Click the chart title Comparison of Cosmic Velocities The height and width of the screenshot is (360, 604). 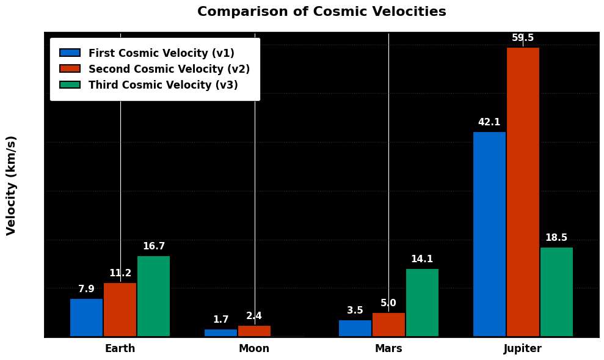click(x=321, y=12)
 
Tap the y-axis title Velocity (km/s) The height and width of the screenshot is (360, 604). click(x=12, y=185)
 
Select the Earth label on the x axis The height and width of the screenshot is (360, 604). click(x=120, y=349)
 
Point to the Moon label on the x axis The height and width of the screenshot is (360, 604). click(x=254, y=349)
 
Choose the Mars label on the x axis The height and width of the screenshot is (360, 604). click(x=388, y=349)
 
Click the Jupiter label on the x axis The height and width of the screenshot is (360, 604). click(x=522, y=349)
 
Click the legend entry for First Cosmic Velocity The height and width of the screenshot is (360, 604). click(x=161, y=53)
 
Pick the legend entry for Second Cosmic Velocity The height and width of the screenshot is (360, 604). click(x=169, y=69)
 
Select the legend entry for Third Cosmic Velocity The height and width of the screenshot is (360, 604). click(x=163, y=85)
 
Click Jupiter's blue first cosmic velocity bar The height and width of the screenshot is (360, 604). click(x=489, y=234)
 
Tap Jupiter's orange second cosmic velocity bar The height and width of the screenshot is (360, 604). click(x=523, y=192)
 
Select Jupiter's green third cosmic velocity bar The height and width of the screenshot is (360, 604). click(x=556, y=292)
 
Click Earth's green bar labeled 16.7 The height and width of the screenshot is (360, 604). click(x=153, y=296)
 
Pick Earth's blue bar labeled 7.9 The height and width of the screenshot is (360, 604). click(x=86, y=317)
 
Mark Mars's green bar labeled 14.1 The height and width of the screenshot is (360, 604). click(x=422, y=303)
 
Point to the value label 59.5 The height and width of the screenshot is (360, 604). click(x=523, y=38)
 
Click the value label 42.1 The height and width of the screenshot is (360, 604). click(x=489, y=122)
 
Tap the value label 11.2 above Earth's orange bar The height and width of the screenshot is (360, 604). click(x=120, y=273)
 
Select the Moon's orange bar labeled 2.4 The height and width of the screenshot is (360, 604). click(x=254, y=331)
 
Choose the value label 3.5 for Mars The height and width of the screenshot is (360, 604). click(x=355, y=310)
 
